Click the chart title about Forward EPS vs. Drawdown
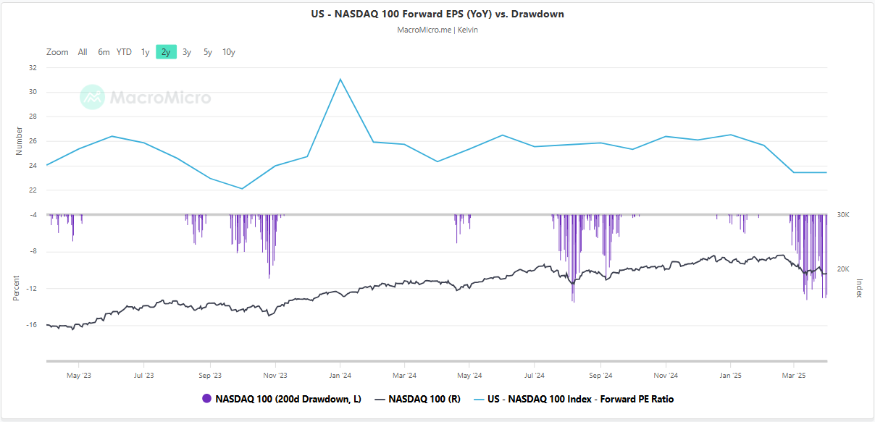click(437, 14)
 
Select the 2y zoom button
click(166, 52)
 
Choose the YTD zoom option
click(124, 52)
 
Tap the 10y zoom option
click(228, 52)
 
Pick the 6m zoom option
click(104, 52)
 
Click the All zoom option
click(83, 52)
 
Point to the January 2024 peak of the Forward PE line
click(340, 79)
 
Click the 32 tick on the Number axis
click(33, 67)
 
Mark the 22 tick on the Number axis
click(33, 190)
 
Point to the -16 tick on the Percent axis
click(32, 325)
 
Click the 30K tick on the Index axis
click(843, 215)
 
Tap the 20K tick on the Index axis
click(843, 269)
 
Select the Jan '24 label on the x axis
click(340, 376)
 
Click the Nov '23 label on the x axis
click(275, 376)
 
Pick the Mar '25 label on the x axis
click(795, 376)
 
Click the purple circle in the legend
click(206, 399)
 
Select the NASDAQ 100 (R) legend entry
click(419, 399)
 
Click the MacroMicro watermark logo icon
click(92, 97)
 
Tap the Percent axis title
click(16, 288)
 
